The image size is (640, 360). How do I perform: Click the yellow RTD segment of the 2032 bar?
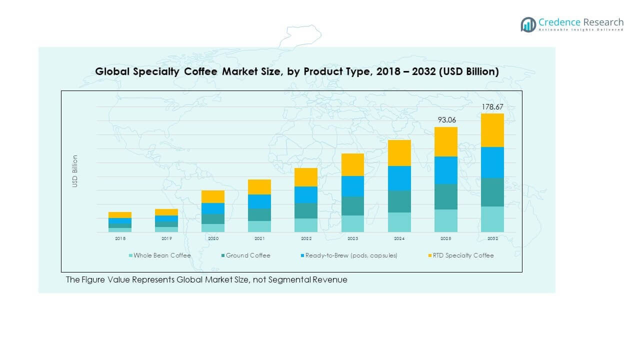492,130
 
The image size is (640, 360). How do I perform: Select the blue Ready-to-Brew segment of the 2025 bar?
445,170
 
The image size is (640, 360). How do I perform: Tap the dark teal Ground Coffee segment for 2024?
399,201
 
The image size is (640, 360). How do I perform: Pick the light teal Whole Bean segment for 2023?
352,223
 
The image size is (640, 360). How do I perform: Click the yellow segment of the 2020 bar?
213,196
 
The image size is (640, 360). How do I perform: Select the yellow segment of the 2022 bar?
306,177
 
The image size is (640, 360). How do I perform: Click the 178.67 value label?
492,107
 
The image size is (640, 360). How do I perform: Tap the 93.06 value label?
445,120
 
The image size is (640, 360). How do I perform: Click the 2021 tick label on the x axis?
259,239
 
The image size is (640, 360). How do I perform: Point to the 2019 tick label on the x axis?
166,239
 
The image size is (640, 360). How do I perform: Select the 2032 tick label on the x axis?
492,239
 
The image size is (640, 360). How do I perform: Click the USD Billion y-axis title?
75,171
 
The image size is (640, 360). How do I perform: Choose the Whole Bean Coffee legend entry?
161,255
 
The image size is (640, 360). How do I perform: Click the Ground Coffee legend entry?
247,255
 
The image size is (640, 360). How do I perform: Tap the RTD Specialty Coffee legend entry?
462,255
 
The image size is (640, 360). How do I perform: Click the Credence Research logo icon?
528,24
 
